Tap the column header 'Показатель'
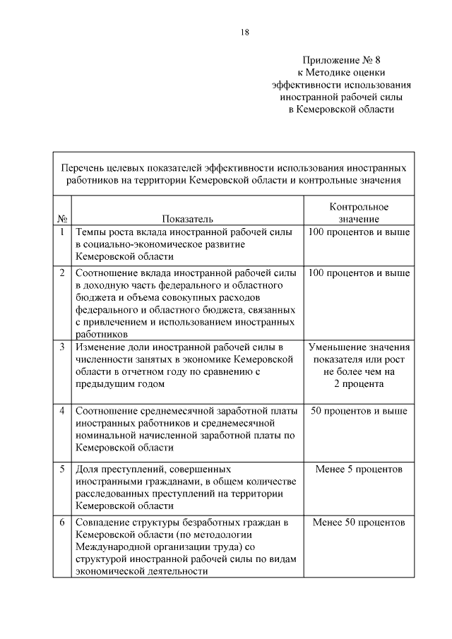187,219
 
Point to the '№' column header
62,219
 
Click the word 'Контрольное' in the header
359,206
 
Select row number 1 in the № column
62,232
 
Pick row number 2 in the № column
62,272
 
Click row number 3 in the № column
62,347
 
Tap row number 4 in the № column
62,410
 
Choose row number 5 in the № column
62,469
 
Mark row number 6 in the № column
62,522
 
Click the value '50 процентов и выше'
359,410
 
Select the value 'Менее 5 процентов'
359,469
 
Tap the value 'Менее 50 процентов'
359,522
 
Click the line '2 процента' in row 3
359,385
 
